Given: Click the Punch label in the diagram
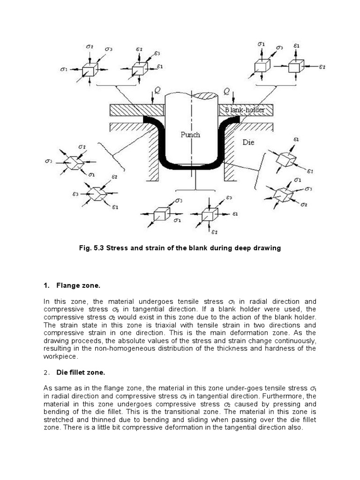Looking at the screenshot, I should pos(190,135).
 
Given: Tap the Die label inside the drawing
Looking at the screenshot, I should pos(248,142).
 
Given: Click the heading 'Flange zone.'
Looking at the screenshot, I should pos(78,285).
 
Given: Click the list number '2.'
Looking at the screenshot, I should pos(46,373).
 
